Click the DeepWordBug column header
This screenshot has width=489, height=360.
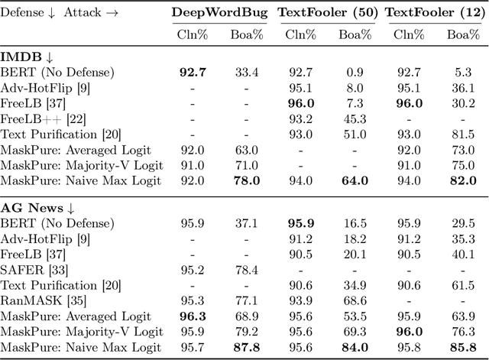pyautogui.click(x=217, y=13)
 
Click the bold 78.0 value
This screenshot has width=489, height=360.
pyautogui.click(x=246, y=180)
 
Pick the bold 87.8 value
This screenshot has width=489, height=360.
pyautogui.click(x=246, y=349)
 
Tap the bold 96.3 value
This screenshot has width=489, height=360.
pyautogui.click(x=193, y=315)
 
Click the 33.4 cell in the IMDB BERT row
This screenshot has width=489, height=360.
pyautogui.click(x=246, y=73)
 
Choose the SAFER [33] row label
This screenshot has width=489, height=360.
pyautogui.click(x=34, y=269)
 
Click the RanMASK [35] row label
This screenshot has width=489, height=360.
pyautogui.click(x=42, y=300)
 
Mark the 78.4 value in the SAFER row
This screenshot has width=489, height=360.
pyautogui.click(x=246, y=269)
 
